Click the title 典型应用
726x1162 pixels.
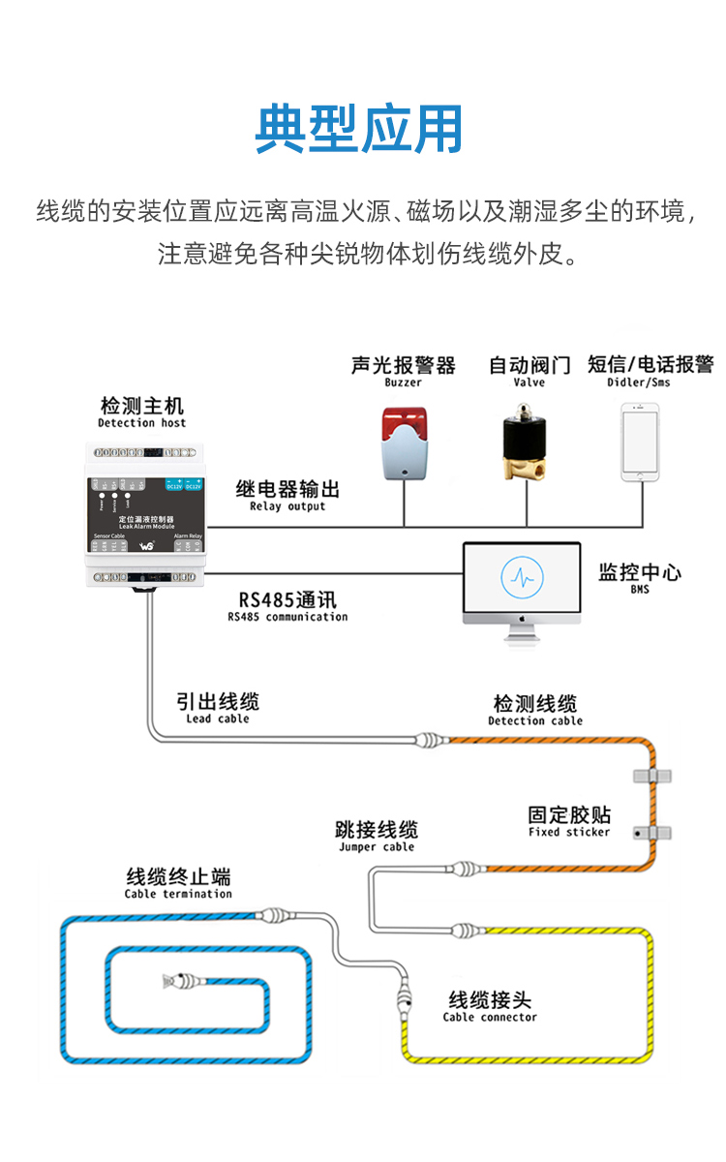click(x=359, y=129)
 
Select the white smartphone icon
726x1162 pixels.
click(x=640, y=441)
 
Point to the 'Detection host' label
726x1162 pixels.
click(x=141, y=423)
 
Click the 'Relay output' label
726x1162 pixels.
click(x=287, y=506)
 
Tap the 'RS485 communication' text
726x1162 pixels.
click(x=287, y=617)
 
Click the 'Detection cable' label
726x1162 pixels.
click(x=535, y=720)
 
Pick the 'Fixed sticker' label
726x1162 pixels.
click(x=569, y=832)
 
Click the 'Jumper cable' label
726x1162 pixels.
click(x=377, y=847)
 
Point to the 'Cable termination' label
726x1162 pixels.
click(x=178, y=894)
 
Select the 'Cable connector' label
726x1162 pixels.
click(x=490, y=1017)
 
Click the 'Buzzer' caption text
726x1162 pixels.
click(x=404, y=382)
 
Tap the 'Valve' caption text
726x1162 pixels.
click(x=529, y=382)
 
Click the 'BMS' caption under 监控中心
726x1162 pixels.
click(x=640, y=589)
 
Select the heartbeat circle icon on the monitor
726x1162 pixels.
click(x=522, y=578)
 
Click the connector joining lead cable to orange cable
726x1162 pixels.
click(x=431, y=742)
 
